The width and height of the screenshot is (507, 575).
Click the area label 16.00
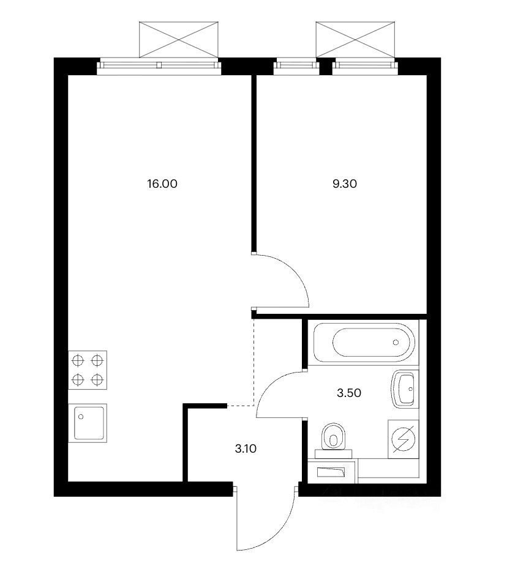(x=162, y=184)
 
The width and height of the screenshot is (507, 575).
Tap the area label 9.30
(x=345, y=184)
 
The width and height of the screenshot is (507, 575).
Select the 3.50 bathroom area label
(x=349, y=393)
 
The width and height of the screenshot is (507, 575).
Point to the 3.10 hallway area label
(x=246, y=448)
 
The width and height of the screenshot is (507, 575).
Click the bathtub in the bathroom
(x=364, y=343)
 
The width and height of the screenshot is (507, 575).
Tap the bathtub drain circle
(x=396, y=343)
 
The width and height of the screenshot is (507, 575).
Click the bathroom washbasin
(x=404, y=388)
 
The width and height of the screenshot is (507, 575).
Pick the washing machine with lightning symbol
(x=403, y=439)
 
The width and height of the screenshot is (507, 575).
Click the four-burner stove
(x=88, y=370)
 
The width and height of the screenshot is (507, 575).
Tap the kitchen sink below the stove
(x=88, y=423)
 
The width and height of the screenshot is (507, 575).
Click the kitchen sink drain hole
(x=81, y=417)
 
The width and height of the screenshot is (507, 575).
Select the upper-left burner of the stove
(x=78, y=361)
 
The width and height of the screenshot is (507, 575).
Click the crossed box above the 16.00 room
(x=178, y=39)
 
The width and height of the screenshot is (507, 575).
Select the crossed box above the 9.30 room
(x=356, y=39)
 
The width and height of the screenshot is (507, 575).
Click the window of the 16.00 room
(x=159, y=65)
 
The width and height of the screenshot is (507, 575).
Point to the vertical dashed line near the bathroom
(x=254, y=362)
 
